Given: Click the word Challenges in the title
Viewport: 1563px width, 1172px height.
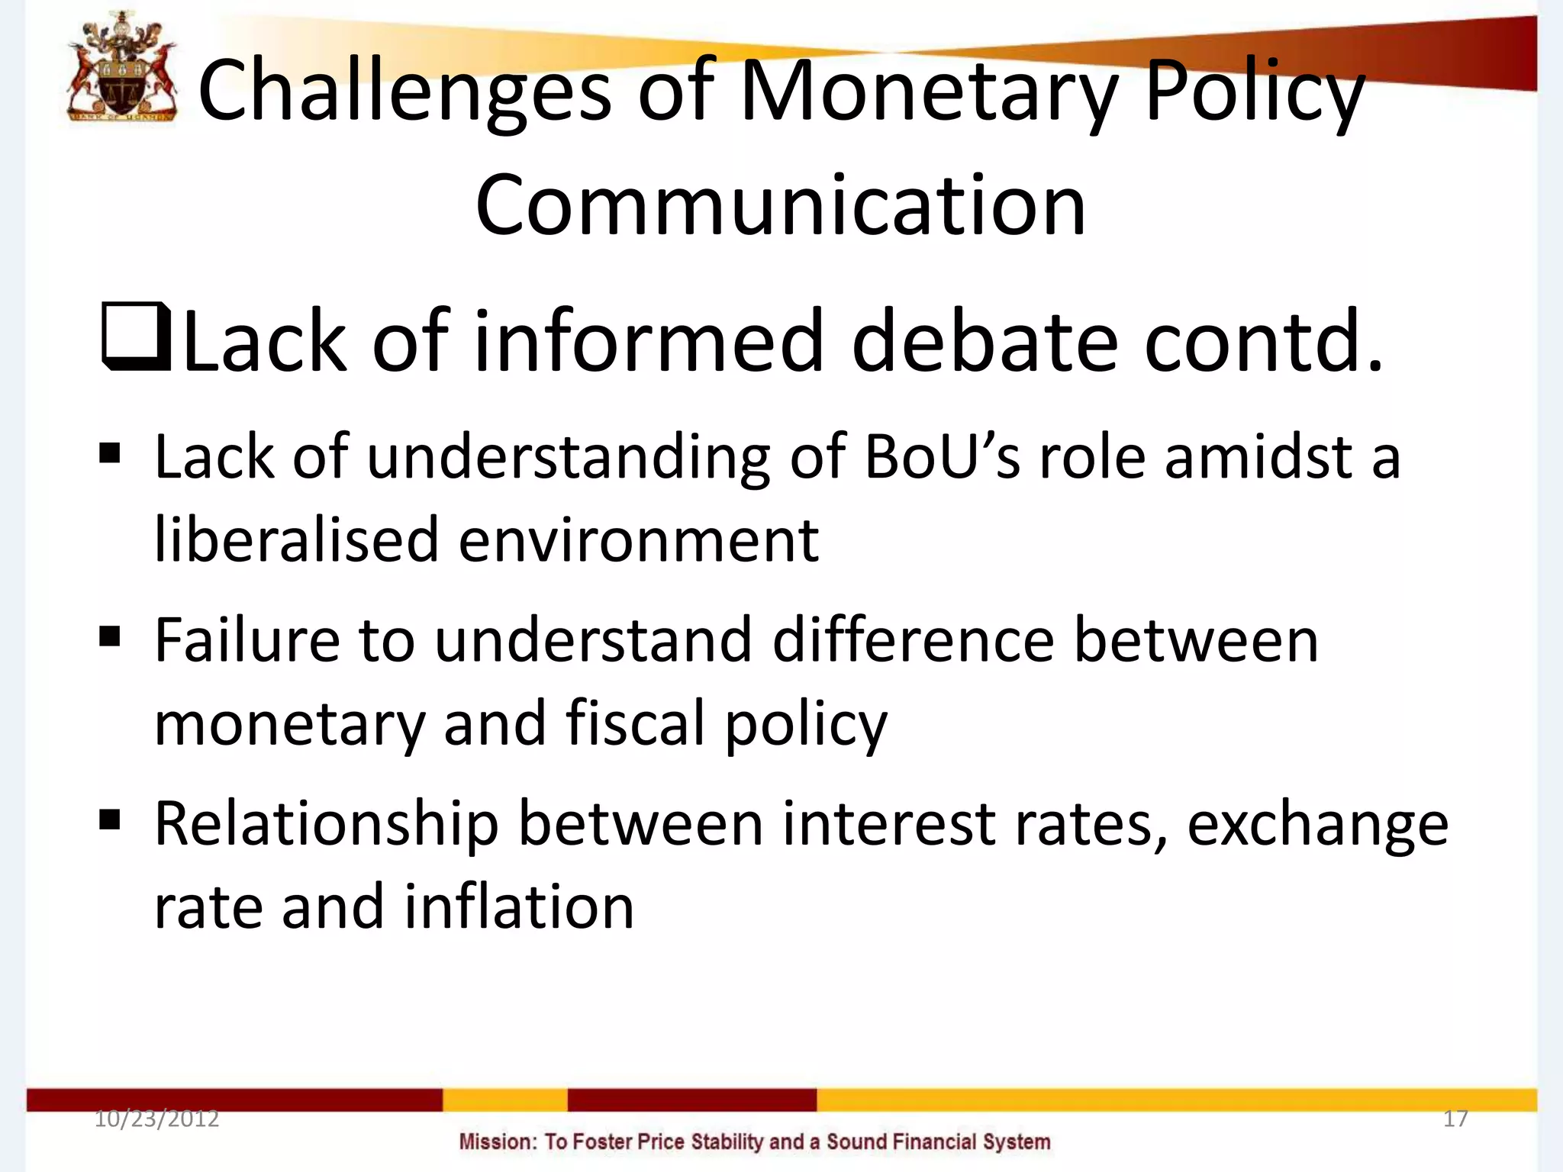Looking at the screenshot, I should pyautogui.click(x=404, y=92).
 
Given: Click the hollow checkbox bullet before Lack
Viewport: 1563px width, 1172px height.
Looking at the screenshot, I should pyautogui.click(x=136, y=338).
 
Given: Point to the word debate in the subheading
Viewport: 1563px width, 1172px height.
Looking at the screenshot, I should pyautogui.click(x=985, y=341).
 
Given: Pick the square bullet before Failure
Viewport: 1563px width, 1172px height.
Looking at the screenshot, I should pyautogui.click(x=110, y=636).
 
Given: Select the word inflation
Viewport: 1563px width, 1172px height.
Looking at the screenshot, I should pyautogui.click(x=519, y=908).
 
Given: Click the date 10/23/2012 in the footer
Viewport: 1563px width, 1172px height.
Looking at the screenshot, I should pyautogui.click(x=156, y=1119).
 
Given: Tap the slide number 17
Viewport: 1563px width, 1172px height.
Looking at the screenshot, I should pyautogui.click(x=1455, y=1119).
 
